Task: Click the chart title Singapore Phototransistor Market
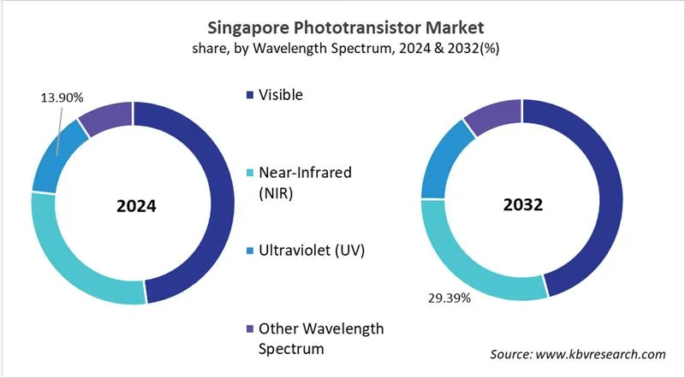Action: pyautogui.click(x=342, y=28)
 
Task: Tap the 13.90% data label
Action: pyautogui.click(x=62, y=97)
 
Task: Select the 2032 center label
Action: pyautogui.click(x=522, y=206)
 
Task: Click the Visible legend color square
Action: pyautogui.click(x=249, y=96)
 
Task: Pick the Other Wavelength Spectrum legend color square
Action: pyautogui.click(x=249, y=329)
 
